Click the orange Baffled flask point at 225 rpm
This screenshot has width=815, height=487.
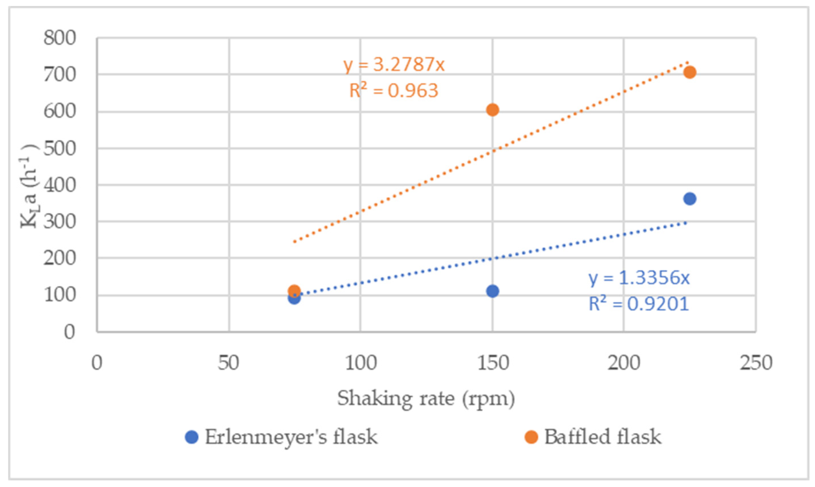coord(689,72)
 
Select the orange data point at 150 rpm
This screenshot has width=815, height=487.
coord(492,110)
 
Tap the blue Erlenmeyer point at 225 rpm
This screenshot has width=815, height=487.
coord(689,199)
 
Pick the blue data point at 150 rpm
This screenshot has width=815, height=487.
coord(492,291)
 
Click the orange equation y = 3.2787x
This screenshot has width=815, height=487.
coord(394,65)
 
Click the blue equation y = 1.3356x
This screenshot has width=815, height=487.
coord(639,278)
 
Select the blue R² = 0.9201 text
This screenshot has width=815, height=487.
coord(639,303)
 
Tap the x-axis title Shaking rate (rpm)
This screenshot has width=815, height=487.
coord(426,399)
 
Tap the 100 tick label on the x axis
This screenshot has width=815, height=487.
coord(360,363)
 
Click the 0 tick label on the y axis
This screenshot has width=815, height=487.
coord(69,332)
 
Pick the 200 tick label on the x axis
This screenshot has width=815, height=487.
coord(624,363)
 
